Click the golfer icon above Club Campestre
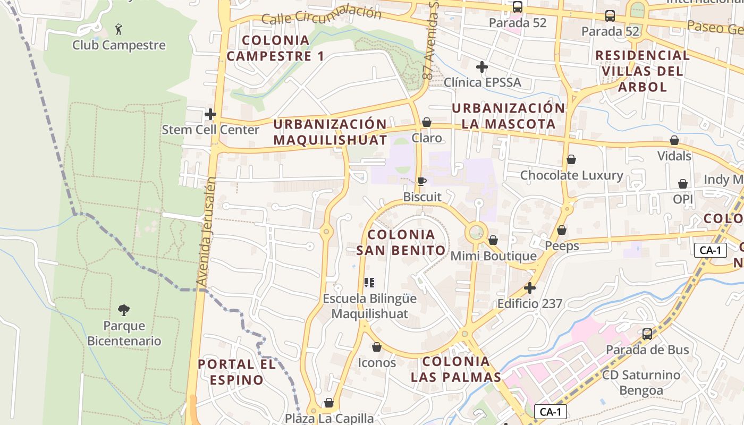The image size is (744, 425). [x=119, y=28]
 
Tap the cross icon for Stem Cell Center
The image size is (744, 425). [x=210, y=114]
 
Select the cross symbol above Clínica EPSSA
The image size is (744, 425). [x=482, y=67]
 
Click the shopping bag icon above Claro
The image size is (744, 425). [x=426, y=123]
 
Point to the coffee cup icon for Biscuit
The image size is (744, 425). [x=421, y=182]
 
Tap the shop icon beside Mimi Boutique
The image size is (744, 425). [x=493, y=241]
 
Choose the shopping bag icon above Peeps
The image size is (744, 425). [x=562, y=230]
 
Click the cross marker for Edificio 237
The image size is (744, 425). [x=530, y=288]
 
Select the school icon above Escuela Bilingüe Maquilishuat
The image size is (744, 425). [x=369, y=283]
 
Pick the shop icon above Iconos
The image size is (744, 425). [x=377, y=347]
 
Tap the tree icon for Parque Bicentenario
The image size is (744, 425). [x=124, y=310]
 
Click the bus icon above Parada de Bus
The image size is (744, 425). [x=647, y=334]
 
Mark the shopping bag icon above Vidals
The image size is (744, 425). [x=674, y=141]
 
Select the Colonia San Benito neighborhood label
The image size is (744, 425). [x=401, y=242]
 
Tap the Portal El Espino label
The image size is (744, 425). [x=236, y=372]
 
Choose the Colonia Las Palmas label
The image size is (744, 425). [x=456, y=369]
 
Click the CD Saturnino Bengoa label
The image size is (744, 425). [x=641, y=382]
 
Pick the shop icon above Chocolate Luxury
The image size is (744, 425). [x=571, y=159]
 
